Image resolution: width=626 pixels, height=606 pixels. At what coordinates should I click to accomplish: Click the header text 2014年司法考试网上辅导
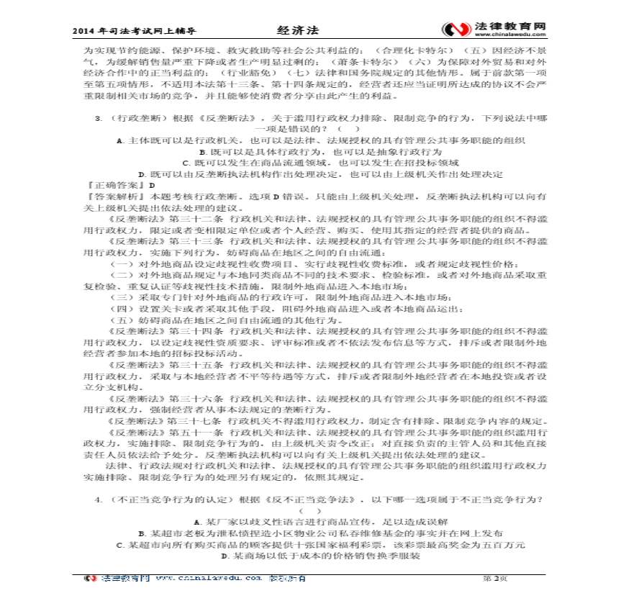pos(135,32)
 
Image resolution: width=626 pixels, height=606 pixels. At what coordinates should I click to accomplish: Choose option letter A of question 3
pos(119,141)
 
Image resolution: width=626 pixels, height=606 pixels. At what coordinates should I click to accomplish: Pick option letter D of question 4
pos(225,556)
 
